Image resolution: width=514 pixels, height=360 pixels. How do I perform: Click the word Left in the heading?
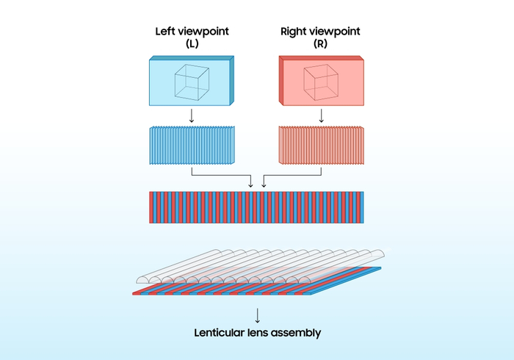coord(164,32)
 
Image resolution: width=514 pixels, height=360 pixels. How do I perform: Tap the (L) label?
coord(192,43)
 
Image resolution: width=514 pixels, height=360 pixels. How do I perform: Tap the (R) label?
coord(320,43)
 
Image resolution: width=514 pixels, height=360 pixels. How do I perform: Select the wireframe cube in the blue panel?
coord(192,82)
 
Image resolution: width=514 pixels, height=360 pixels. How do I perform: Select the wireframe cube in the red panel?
coord(321,82)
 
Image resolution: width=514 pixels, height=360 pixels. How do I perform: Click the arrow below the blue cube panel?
coord(192,116)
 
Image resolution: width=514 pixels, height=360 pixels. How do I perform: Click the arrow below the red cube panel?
coord(322,116)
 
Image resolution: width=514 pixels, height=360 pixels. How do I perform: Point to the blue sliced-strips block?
coord(192,145)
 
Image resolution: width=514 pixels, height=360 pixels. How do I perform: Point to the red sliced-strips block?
coord(322,145)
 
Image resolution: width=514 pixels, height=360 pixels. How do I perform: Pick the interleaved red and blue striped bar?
coord(256,207)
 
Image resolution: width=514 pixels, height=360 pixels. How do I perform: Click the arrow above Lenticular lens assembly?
coord(258,315)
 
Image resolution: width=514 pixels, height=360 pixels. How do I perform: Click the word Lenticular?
coord(220,333)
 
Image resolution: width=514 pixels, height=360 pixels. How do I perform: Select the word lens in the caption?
coord(258,333)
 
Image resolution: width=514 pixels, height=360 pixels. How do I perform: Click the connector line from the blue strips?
coord(221,175)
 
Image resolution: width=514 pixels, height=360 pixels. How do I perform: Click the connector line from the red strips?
coord(292,175)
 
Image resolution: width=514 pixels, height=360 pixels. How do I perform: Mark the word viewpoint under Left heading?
coord(203,32)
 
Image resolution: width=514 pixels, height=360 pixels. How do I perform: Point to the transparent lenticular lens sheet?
coord(261,266)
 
